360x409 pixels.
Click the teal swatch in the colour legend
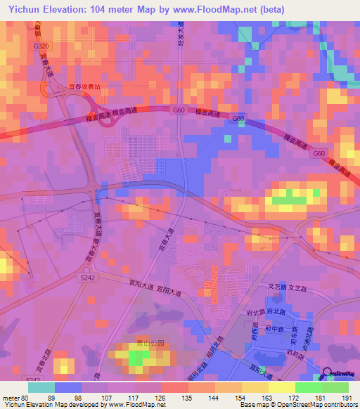41,387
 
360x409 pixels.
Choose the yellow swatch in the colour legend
282,387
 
